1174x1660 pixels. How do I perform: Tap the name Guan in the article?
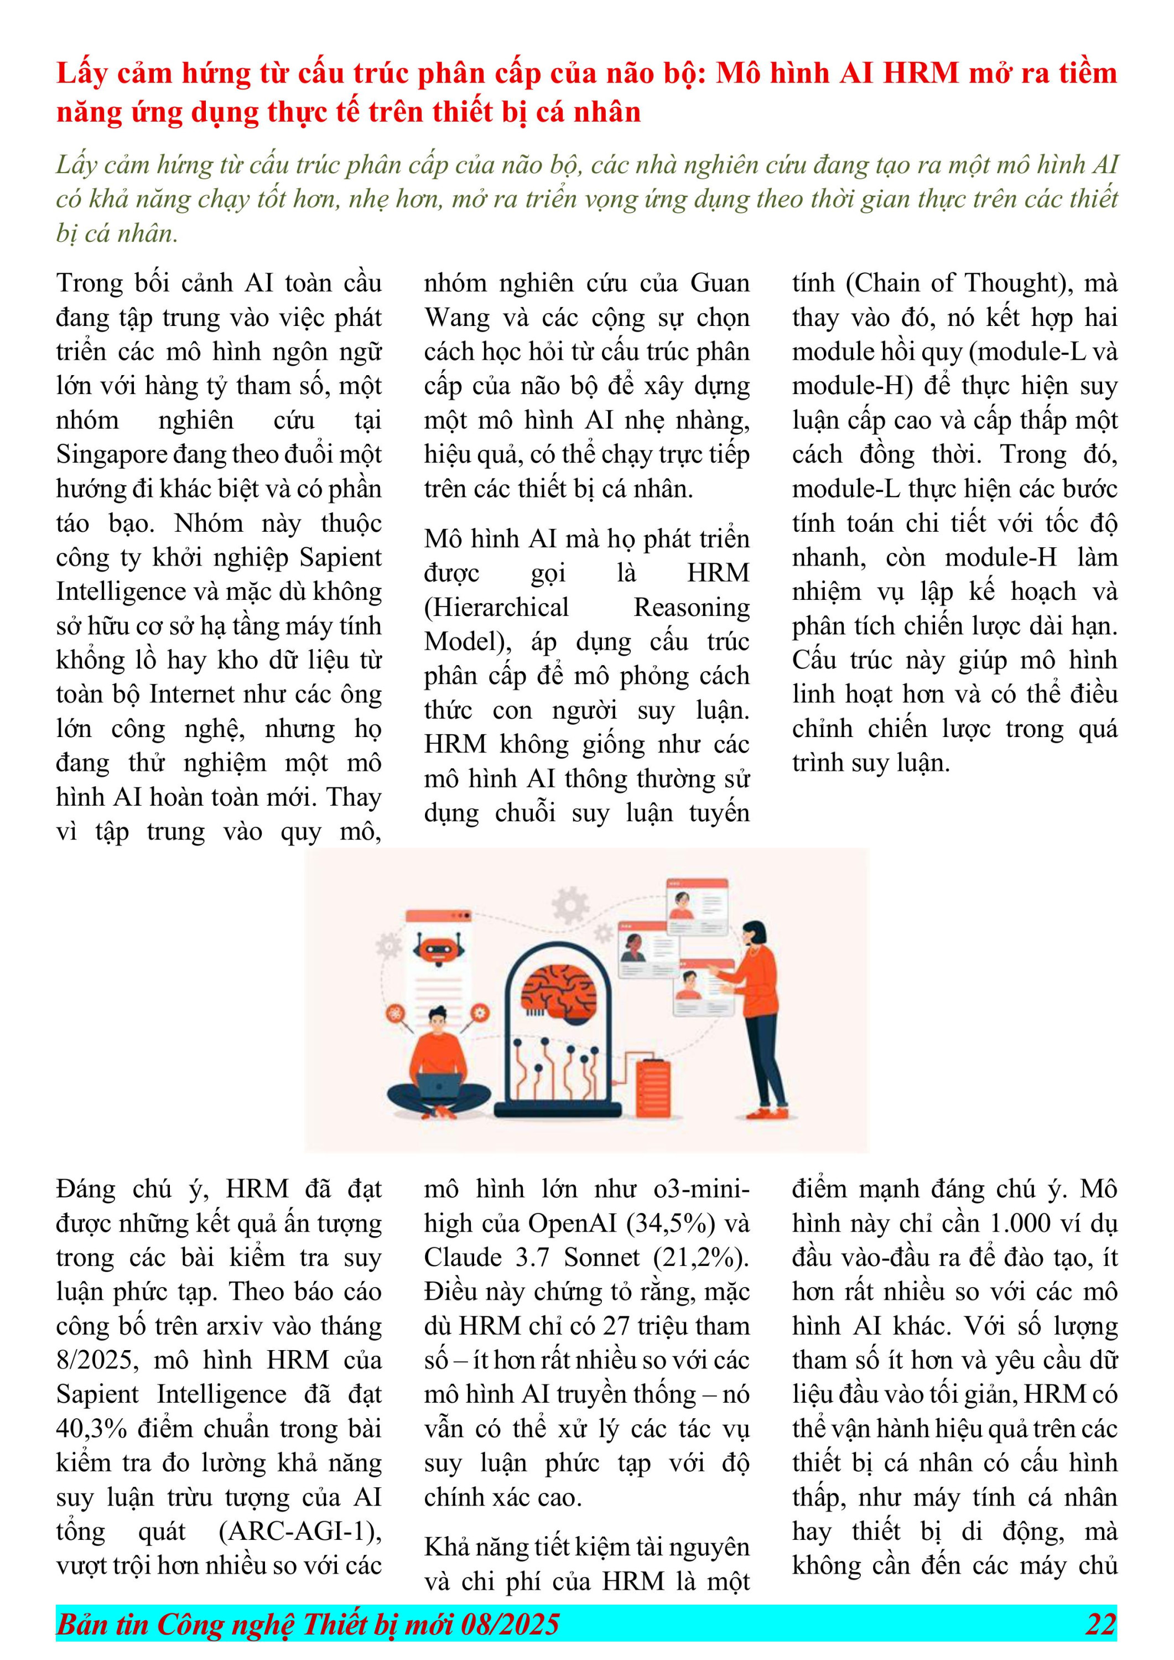coord(719,283)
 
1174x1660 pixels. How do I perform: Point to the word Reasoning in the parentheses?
coord(691,608)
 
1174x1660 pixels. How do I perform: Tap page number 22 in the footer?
coord(1100,1624)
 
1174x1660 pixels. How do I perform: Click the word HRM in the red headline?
coord(920,73)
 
